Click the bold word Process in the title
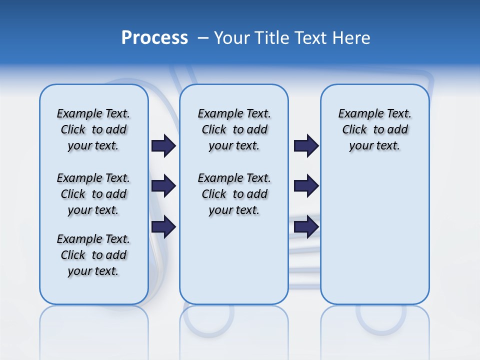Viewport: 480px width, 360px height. pyautogui.click(x=154, y=38)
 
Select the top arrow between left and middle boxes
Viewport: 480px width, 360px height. pyautogui.click(x=163, y=146)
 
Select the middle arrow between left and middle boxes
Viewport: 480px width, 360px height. pyautogui.click(x=163, y=186)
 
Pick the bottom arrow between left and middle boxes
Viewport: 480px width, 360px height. pyautogui.click(x=163, y=226)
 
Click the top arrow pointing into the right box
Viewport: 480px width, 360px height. pyautogui.click(x=306, y=146)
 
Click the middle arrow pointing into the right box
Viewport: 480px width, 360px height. pyautogui.click(x=306, y=186)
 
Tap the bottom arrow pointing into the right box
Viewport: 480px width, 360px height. pyautogui.click(x=306, y=226)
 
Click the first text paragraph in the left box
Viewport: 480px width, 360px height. pyautogui.click(x=93, y=129)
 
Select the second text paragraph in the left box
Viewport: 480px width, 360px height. pyautogui.click(x=93, y=194)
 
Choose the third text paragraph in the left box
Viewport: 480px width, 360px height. pyautogui.click(x=93, y=255)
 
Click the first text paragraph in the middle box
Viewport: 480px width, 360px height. pyautogui.click(x=234, y=129)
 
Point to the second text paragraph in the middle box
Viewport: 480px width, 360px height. pyautogui.click(x=234, y=194)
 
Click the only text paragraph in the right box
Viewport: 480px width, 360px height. pyautogui.click(x=375, y=129)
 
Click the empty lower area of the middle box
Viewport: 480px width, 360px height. pyautogui.click(x=234, y=260)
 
